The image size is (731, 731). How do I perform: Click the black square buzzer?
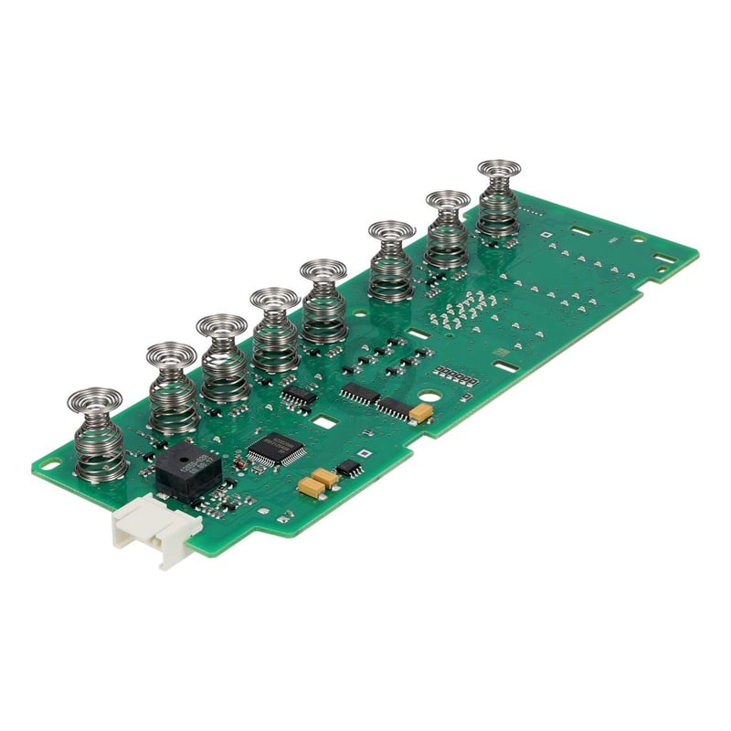coord(188,471)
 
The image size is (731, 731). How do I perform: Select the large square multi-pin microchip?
coord(275,449)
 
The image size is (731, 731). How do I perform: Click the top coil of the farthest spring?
coord(499,169)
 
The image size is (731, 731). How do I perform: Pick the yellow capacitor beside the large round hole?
coord(421,413)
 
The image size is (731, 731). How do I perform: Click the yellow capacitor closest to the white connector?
coord(312,488)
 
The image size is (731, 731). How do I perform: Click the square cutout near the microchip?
coord(324,422)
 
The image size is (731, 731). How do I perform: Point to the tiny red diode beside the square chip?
coord(239,464)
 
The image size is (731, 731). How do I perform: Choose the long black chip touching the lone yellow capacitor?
coord(395,408)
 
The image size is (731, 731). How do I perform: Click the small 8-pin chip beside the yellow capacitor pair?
coord(348,469)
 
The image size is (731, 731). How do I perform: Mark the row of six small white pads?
coord(455,376)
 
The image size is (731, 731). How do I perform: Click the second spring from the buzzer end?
coord(172,389)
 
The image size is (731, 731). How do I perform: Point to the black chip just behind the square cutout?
coord(299,396)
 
